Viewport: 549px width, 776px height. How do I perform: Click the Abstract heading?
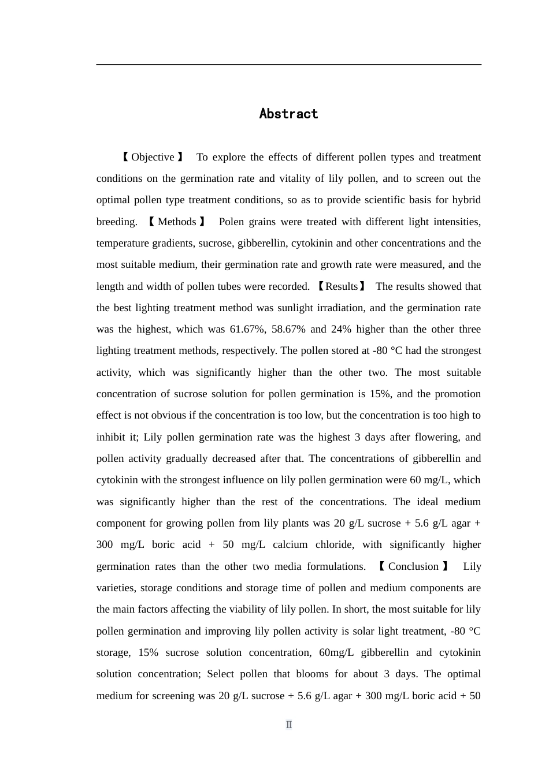(288, 114)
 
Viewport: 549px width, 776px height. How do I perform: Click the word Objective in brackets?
(153, 157)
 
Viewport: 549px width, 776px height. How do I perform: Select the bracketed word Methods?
(177, 222)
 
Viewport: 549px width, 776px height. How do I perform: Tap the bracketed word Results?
(342, 286)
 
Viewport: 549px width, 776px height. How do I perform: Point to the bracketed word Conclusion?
(413, 566)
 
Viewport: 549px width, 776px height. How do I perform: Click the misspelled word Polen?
(231, 222)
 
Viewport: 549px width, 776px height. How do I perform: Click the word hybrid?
(466, 200)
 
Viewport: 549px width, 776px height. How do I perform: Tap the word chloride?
(335, 544)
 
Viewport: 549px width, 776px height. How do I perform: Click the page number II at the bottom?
(289, 725)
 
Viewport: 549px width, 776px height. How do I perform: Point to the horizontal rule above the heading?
(288, 65)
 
